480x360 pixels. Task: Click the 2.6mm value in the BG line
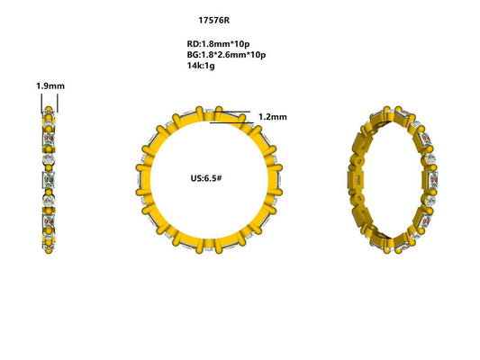[229, 55]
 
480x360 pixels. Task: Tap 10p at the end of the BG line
[257, 55]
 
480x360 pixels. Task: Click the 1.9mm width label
[49, 86]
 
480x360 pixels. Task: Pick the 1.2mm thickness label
[272, 117]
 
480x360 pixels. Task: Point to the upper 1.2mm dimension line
[232, 112]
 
